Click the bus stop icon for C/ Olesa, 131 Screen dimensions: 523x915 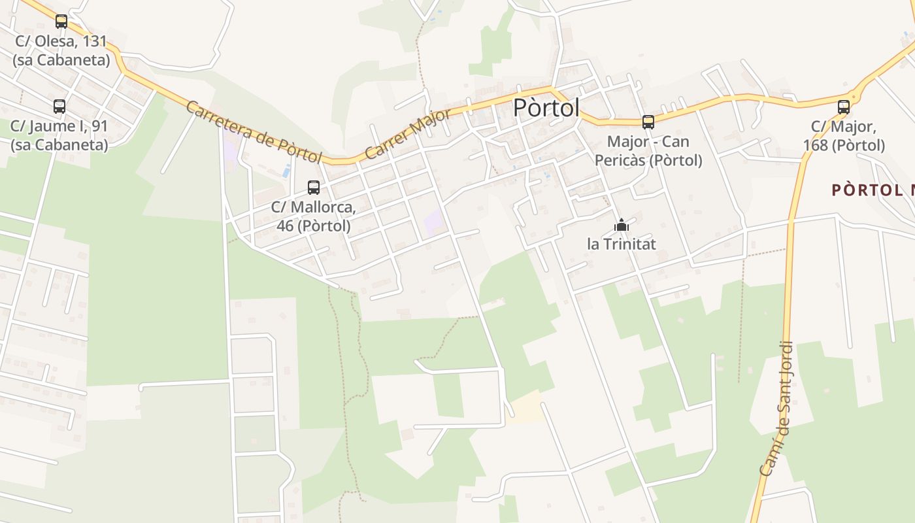61,22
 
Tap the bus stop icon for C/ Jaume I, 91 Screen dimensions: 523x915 59,107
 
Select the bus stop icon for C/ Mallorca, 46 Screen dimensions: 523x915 314,188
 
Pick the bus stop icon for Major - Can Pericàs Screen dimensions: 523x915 648,122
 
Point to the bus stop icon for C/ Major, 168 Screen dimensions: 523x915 844,107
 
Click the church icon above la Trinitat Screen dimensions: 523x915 621,226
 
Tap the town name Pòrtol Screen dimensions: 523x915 546,108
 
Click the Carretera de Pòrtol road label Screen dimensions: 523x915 254,132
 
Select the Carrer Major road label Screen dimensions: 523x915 407,134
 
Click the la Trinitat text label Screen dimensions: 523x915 621,245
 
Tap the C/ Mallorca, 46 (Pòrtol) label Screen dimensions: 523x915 314,216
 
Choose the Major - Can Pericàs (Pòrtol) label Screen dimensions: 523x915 648,150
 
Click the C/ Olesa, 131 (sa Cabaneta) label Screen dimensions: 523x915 61,50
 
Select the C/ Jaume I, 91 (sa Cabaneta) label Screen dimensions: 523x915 59,135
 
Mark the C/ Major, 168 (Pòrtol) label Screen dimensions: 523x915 844,135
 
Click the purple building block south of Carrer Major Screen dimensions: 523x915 434,223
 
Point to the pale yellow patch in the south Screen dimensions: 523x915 527,407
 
